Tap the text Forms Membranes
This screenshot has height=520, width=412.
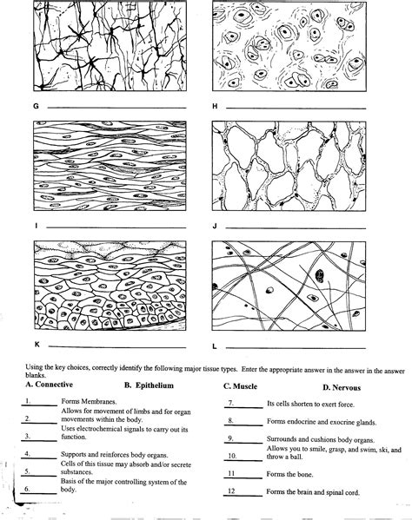pyautogui.click(x=88, y=402)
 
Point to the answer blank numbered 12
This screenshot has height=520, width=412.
pyautogui.click(x=243, y=494)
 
